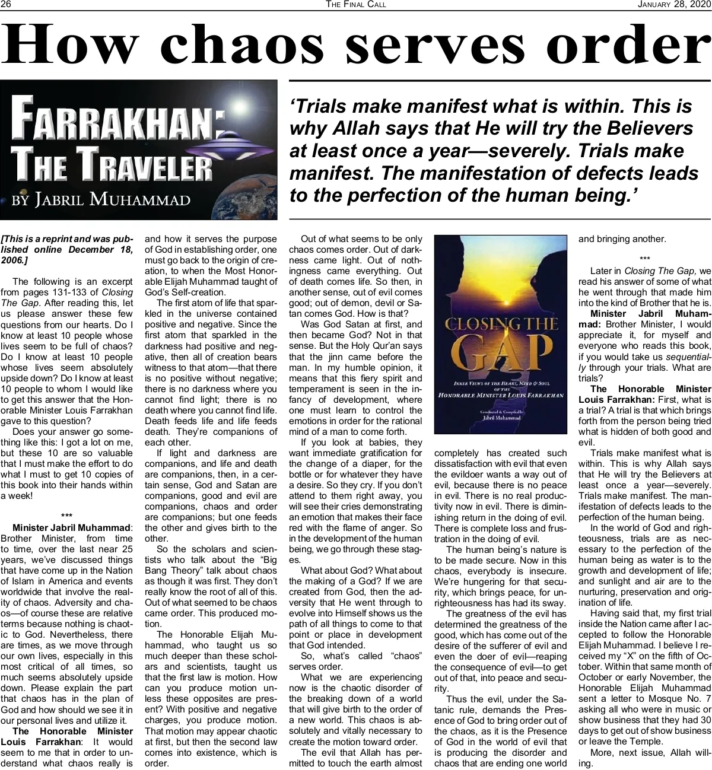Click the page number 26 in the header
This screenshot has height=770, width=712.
pos(7,5)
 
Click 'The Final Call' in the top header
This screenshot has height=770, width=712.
pos(356,5)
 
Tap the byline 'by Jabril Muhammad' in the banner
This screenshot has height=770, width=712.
pos(101,199)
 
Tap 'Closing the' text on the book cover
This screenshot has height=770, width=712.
pos(501,324)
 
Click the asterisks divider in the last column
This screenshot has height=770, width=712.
pos(645,258)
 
